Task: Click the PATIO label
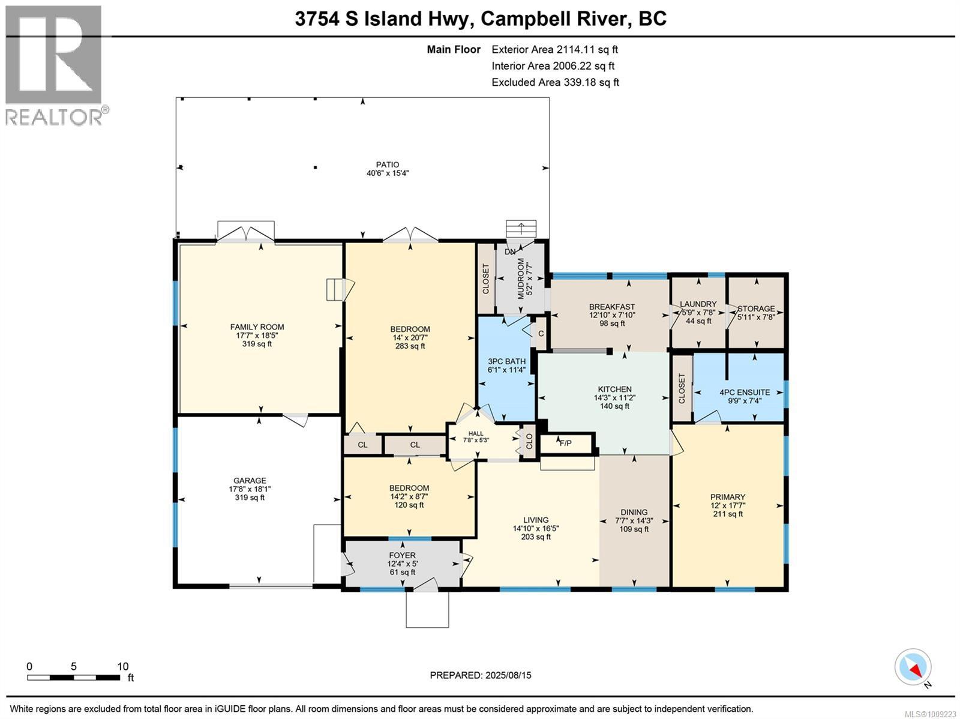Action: pos(388,164)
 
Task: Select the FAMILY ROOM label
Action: pos(257,326)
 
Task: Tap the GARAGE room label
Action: pos(250,480)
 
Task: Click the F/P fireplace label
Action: pos(566,443)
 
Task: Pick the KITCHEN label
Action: pos(615,390)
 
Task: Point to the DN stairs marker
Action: pos(510,251)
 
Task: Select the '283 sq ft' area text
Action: pos(410,346)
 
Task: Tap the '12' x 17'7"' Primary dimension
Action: pos(728,505)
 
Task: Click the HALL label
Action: pos(476,433)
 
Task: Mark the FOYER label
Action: pos(403,555)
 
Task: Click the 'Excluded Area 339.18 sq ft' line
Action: pos(556,82)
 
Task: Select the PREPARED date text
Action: pos(481,675)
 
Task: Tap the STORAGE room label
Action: pos(756,308)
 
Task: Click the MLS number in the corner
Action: pos(930,714)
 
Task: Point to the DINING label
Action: pos(634,512)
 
